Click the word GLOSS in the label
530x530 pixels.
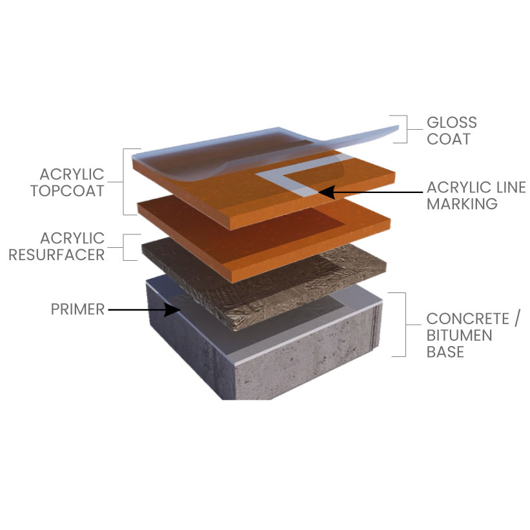coord(452,123)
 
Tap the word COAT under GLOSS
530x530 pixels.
coord(449,139)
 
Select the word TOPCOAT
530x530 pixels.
coord(67,191)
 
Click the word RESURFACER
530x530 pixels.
coord(56,255)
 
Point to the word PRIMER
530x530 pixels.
coord(77,309)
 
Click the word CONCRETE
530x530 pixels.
coord(468,319)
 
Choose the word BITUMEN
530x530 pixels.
coord(460,335)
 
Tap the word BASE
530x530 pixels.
coord(445,352)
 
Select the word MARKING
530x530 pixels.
coord(462,204)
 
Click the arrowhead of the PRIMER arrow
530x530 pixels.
coord(172,309)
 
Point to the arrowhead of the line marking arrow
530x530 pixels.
coord(327,192)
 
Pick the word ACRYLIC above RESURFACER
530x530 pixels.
coord(72,238)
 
